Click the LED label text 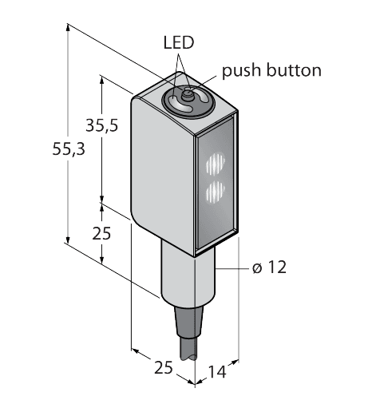click(179, 42)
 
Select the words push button click(271, 70)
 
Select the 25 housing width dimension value click(163, 368)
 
